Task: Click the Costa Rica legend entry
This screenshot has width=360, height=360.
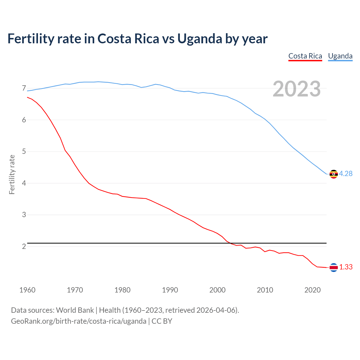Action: [305, 56]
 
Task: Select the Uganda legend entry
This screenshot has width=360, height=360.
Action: [340, 56]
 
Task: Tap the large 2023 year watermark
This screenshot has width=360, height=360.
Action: [297, 89]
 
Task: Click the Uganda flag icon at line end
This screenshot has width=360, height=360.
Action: [334, 174]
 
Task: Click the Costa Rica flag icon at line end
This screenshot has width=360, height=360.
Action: [334, 267]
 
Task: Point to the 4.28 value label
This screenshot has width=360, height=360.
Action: [346, 174]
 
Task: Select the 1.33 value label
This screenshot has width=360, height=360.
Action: [346, 267]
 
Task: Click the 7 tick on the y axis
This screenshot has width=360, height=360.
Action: [24, 88]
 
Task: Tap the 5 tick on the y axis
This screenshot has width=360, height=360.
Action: [24, 152]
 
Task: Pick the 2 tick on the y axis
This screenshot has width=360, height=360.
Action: [24, 246]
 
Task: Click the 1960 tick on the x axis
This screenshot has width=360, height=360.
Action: [27, 290]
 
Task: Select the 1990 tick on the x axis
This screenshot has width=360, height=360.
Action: [170, 290]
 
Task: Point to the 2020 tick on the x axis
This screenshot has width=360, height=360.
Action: [312, 290]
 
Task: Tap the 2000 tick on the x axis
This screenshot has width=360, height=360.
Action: [217, 290]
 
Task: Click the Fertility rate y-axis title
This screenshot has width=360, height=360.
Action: [12, 174]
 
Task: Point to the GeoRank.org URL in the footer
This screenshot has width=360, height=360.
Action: [78, 321]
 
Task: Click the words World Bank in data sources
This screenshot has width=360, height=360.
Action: [75, 310]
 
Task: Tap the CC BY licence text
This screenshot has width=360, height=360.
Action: [162, 321]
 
